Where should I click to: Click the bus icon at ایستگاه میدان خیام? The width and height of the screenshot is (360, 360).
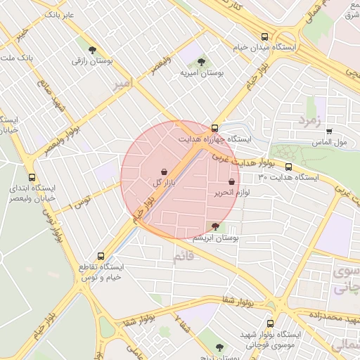pos(264,37)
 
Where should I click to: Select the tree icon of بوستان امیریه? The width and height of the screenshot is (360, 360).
pos(202,62)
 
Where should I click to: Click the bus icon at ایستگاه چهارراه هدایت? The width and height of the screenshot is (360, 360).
pos(214,128)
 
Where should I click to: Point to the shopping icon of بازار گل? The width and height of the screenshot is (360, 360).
pos(164,172)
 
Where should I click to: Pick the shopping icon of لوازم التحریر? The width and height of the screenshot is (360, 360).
pos(231,182)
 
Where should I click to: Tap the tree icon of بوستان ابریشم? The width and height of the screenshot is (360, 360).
pos(214,226)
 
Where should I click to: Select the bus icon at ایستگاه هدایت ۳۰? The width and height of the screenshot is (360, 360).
pos(288,167)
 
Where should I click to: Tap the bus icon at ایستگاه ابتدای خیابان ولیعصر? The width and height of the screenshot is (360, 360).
pos(32,178)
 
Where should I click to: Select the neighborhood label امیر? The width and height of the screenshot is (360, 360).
pos(121,84)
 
